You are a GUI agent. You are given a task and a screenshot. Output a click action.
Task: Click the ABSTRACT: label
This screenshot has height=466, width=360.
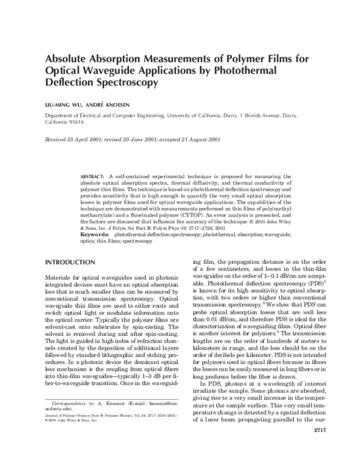click(93, 176)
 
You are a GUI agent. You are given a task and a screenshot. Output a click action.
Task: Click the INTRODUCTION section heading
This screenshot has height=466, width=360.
click(70, 263)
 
